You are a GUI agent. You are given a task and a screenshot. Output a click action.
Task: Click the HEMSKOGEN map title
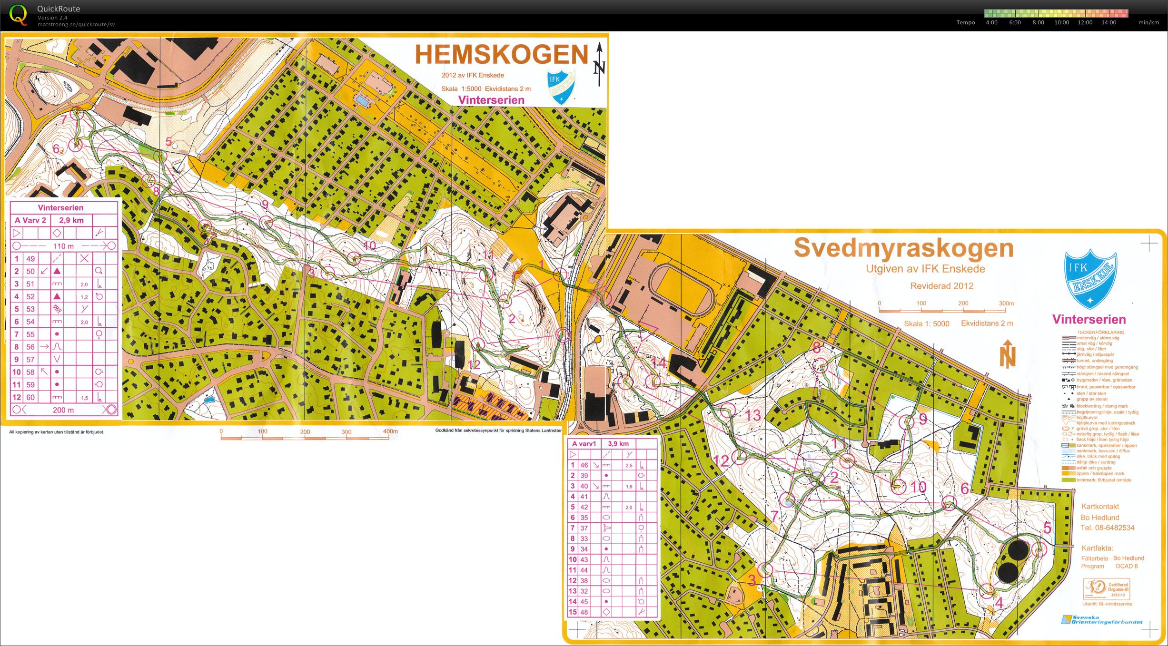click(x=502, y=55)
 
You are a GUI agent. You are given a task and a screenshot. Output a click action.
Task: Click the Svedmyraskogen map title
click(x=903, y=248)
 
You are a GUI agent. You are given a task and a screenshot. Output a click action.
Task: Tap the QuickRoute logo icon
click(x=18, y=14)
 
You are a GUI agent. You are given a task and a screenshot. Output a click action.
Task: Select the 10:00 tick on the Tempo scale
click(x=1061, y=22)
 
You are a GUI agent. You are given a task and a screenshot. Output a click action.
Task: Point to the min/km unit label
click(x=1148, y=22)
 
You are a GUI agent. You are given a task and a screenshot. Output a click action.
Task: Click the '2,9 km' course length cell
click(x=71, y=220)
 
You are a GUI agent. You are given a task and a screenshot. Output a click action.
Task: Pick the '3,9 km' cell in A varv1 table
click(x=618, y=443)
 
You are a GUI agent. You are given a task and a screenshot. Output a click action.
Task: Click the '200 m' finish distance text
click(x=63, y=410)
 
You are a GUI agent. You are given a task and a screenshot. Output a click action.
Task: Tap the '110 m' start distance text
click(x=63, y=246)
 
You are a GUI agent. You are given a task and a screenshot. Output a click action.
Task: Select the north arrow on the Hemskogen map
click(x=599, y=64)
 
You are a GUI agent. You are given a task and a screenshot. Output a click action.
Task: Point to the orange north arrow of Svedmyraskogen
click(x=1007, y=354)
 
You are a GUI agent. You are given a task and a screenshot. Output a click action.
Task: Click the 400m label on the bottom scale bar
click(x=390, y=431)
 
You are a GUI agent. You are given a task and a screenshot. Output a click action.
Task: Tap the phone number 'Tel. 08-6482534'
click(x=1107, y=528)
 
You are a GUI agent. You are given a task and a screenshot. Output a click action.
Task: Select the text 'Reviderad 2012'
click(x=941, y=286)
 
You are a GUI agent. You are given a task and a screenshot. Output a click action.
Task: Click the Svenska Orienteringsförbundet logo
click(x=1101, y=619)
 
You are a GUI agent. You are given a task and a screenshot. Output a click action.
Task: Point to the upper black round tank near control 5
click(x=1018, y=551)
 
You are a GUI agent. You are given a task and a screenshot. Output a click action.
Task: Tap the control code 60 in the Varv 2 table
click(x=30, y=397)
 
